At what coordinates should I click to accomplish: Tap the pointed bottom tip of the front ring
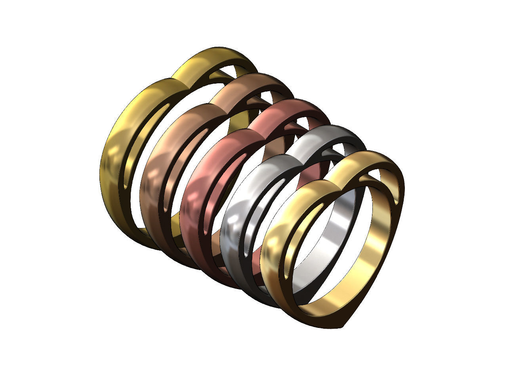344,327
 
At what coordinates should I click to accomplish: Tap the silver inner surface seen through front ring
337,234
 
